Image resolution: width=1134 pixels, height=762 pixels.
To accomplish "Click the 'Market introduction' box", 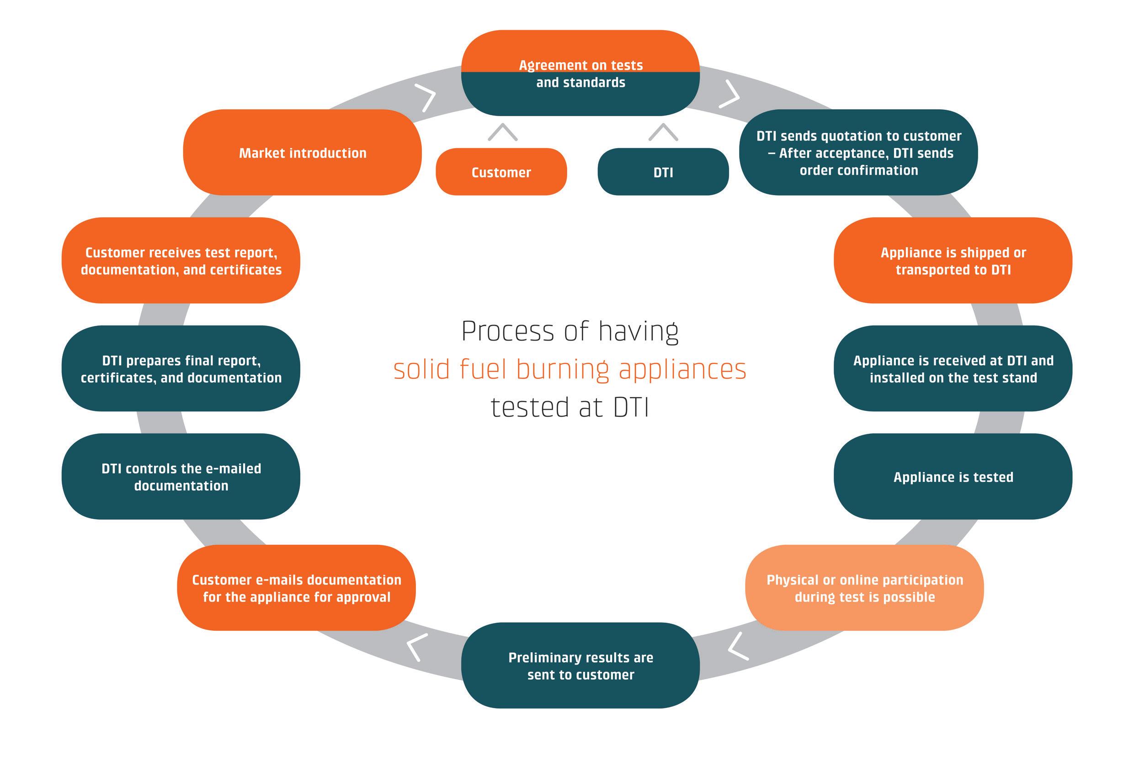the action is click(x=302, y=152).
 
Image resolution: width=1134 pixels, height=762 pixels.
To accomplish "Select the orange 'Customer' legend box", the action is click(x=501, y=171).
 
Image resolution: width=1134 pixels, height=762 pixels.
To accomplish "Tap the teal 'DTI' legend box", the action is click(x=663, y=171).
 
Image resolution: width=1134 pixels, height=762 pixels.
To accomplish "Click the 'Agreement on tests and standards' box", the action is click(x=580, y=73).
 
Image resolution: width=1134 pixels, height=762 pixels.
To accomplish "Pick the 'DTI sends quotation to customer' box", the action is click(x=858, y=152).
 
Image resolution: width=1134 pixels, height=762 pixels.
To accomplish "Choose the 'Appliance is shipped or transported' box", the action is click(x=953, y=261).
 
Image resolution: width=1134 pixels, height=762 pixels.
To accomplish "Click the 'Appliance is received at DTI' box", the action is click(x=953, y=368).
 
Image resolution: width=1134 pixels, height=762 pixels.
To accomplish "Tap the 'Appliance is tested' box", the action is click(x=953, y=476).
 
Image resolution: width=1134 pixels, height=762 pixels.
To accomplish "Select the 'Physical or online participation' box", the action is click(x=865, y=587).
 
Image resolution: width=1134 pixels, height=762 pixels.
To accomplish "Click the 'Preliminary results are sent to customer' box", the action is click(x=580, y=665).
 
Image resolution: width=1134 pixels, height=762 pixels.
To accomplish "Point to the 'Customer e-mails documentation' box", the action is click(x=296, y=587).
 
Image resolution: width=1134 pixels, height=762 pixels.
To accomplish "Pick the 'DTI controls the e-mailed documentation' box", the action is click(x=181, y=476).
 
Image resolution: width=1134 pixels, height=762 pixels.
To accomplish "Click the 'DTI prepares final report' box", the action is click(x=181, y=368).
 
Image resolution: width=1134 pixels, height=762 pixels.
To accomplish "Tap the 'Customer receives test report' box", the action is click(x=181, y=261).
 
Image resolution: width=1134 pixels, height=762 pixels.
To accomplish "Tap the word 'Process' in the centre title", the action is click(x=508, y=331).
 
